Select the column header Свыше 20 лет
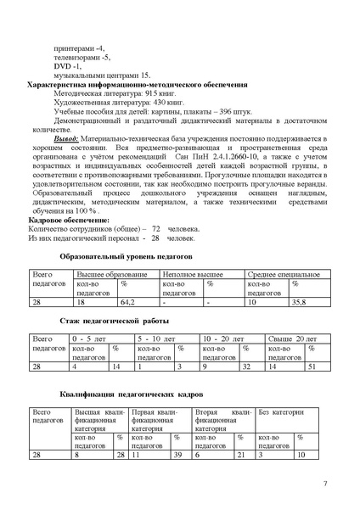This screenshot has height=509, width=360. (x=292, y=339)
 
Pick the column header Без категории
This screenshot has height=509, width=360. (x=280, y=412)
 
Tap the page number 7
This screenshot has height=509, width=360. (x=325, y=484)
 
